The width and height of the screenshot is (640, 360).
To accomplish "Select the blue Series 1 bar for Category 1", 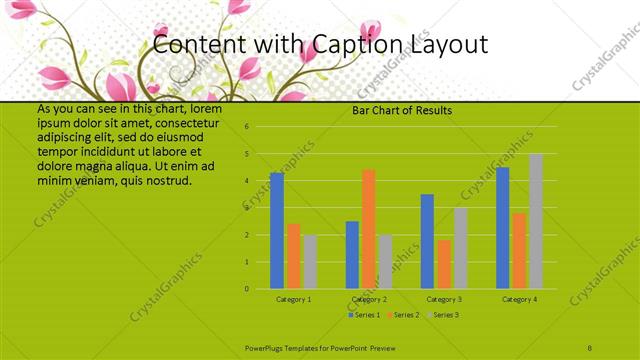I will click(x=277, y=231).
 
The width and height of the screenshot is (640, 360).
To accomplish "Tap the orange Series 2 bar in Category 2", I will click(x=368, y=229).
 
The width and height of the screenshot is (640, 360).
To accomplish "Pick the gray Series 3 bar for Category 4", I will click(x=536, y=221).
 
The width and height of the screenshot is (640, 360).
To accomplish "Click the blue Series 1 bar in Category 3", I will click(x=427, y=242).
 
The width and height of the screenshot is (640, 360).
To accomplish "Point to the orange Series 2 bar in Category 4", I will click(x=519, y=251).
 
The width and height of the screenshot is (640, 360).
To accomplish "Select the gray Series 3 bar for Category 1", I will click(x=310, y=262).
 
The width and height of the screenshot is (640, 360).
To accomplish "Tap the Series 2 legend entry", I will click(x=403, y=315).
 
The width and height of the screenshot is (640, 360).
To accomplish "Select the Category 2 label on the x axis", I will click(x=369, y=299).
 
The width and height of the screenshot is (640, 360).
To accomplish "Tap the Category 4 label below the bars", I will click(x=519, y=299).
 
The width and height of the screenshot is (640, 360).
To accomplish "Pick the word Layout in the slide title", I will click(x=449, y=45).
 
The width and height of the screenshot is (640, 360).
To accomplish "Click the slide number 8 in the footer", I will click(x=591, y=347).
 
